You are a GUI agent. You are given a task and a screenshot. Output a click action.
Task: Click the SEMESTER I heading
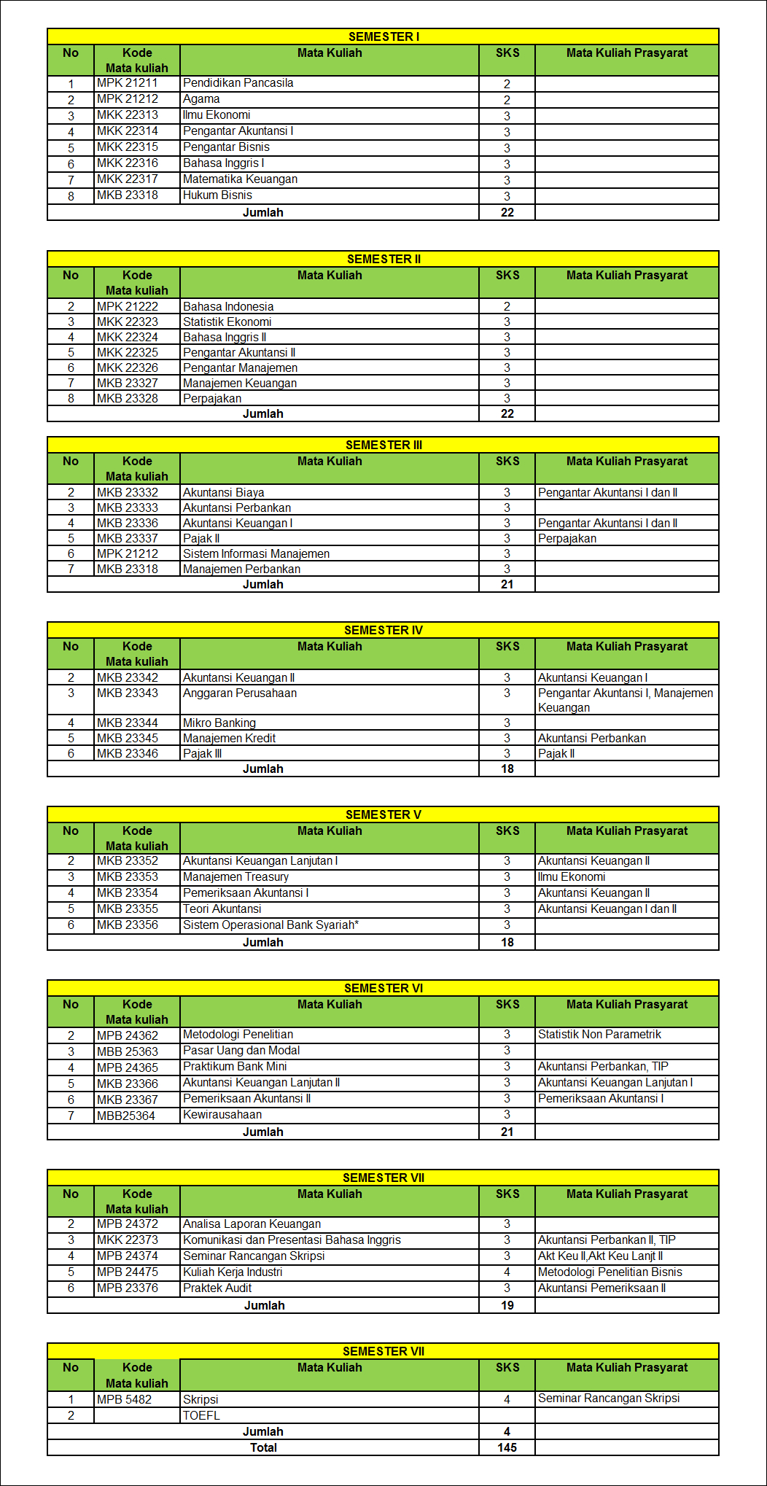[383, 36]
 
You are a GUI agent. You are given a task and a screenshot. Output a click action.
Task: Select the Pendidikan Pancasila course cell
[238, 83]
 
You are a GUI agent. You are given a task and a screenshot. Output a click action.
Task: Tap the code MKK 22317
[128, 179]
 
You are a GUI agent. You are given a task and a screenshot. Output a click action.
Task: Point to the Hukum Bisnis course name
[217, 195]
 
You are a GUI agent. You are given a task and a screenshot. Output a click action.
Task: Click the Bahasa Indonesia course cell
[228, 307]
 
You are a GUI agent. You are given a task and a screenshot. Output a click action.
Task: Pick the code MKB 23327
[128, 384]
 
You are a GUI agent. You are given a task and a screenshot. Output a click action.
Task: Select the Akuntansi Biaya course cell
[223, 493]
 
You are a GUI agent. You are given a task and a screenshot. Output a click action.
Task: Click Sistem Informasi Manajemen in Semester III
[256, 554]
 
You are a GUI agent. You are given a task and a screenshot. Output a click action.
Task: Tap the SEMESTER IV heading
[383, 630]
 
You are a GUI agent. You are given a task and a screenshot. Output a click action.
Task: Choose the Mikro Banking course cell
[219, 723]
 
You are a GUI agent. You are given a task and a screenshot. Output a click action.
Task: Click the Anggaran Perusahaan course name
[240, 693]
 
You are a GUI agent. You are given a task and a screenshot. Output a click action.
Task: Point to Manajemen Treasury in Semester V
[235, 877]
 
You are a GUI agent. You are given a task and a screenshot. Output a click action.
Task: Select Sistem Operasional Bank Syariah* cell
[270, 925]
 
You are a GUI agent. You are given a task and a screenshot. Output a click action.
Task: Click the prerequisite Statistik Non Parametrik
[599, 1035]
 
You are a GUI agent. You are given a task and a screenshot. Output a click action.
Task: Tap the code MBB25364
[126, 1116]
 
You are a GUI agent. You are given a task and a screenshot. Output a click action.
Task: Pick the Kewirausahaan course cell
[222, 1115]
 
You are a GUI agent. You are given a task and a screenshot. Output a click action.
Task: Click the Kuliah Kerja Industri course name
[233, 1272]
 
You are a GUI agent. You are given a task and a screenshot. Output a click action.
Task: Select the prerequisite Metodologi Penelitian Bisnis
[610, 1272]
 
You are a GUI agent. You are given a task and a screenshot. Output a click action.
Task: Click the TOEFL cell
[201, 1415]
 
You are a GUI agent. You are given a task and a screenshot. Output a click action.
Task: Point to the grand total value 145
[507, 1448]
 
